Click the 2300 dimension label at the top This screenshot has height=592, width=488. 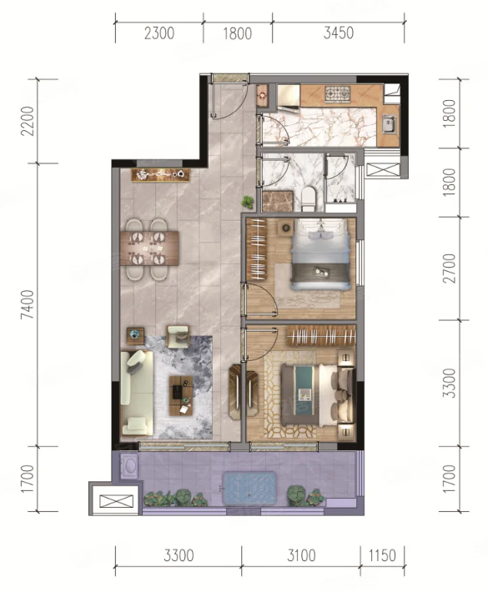click(159, 33)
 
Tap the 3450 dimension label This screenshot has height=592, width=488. click(339, 33)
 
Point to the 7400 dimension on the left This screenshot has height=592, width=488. click(28, 304)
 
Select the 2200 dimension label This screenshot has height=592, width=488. click(28, 121)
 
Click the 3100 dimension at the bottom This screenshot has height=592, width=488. click(301, 555)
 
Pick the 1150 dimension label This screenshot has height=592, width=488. click(382, 555)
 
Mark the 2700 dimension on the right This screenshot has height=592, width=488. click(450, 268)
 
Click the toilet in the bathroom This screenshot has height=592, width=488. click(309, 199)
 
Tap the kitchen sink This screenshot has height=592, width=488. click(389, 124)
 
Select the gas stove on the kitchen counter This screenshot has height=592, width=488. click(338, 94)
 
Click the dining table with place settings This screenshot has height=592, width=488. click(149, 248)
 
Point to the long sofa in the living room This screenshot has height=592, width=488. click(137, 393)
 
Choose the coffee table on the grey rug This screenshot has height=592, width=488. click(181, 396)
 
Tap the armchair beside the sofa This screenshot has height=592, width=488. click(178, 336)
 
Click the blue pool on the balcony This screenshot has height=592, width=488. click(249, 488)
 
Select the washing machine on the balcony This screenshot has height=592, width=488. click(129, 466)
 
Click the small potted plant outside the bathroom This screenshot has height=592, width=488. click(248, 202)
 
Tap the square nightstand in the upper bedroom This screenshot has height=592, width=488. click(286, 228)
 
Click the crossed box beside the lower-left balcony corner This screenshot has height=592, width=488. click(116, 501)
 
